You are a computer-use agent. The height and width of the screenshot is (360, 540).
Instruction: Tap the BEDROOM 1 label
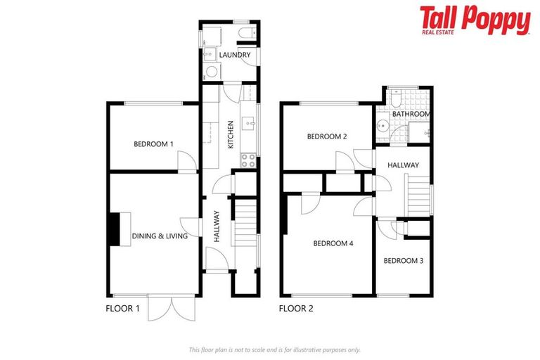(153, 144)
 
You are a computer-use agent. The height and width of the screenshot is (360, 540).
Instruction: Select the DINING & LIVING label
(160, 236)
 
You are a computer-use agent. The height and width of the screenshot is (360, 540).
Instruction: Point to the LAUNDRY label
(234, 55)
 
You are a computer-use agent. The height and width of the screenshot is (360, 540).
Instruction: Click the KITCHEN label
(230, 134)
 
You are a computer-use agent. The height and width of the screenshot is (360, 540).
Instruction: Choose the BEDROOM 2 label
(327, 137)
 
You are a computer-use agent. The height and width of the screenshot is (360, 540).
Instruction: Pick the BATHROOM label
(411, 114)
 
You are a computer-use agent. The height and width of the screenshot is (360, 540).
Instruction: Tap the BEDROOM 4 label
(333, 244)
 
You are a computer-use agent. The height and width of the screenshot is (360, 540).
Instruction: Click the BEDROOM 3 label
(403, 261)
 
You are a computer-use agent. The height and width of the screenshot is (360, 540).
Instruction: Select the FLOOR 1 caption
(123, 308)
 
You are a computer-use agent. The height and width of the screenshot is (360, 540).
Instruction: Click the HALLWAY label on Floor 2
(403, 165)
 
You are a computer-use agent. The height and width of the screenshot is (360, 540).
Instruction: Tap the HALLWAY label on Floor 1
(217, 226)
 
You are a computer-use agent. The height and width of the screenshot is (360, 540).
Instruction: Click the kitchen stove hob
(248, 159)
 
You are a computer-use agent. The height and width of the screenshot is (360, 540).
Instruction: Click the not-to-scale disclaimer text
(274, 349)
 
